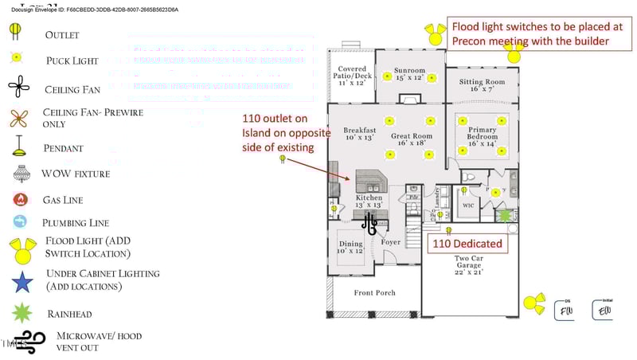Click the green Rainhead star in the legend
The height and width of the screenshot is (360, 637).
click(x=21, y=313)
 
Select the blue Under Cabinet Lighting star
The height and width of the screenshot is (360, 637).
click(x=21, y=281)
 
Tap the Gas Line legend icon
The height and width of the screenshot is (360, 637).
click(x=19, y=200)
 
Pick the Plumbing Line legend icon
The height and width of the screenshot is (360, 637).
click(x=19, y=222)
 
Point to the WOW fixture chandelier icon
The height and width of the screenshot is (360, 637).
click(x=21, y=174)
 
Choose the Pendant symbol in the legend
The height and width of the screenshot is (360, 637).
click(x=17, y=147)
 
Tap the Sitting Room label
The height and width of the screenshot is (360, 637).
click(x=482, y=85)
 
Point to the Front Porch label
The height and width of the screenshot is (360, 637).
click(x=374, y=293)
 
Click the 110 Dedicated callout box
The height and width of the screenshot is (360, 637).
click(x=467, y=243)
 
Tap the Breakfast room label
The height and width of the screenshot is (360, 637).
click(x=359, y=133)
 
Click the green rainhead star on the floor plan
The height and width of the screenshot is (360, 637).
click(x=504, y=215)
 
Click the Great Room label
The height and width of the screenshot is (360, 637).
click(x=411, y=139)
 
